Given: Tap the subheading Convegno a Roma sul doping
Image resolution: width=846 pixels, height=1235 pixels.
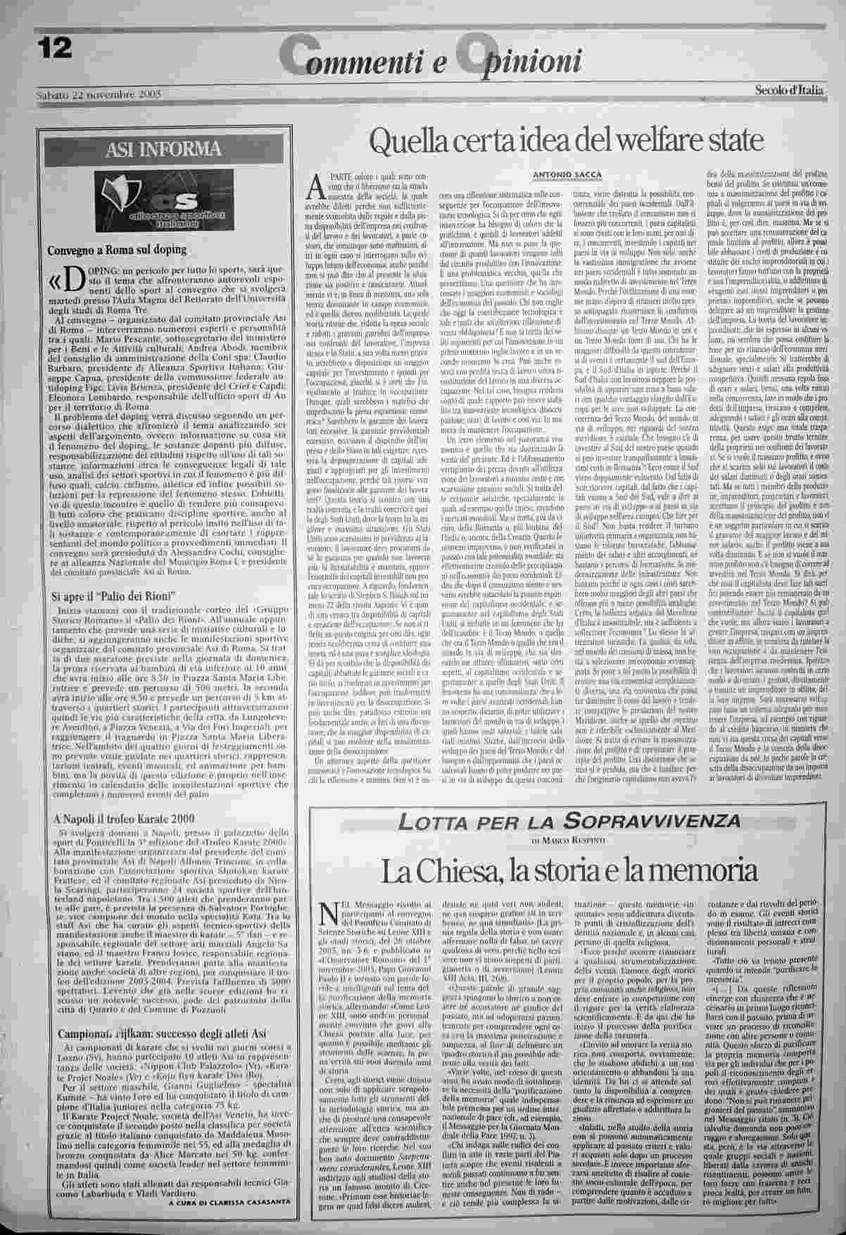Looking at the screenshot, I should [116, 249].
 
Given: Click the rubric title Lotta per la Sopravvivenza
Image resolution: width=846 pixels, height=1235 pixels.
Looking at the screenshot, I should [569, 820].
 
